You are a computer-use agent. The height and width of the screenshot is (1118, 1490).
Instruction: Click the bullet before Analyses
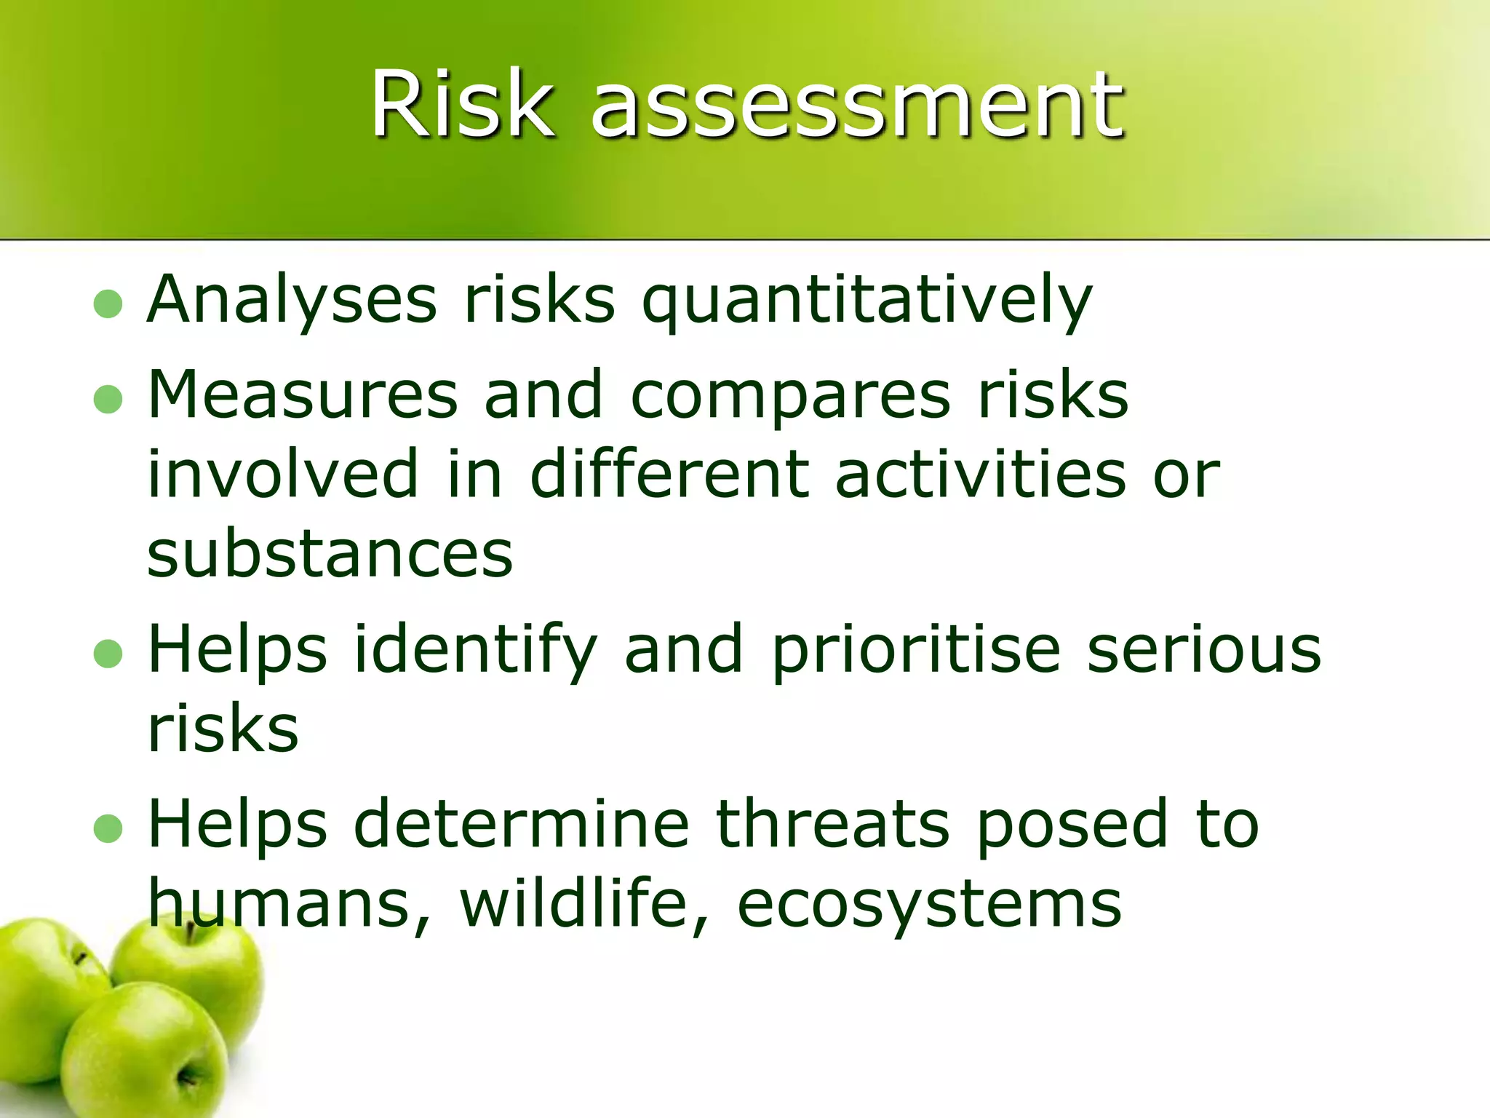[x=108, y=304]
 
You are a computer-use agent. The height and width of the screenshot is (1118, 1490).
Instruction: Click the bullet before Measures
[x=108, y=399]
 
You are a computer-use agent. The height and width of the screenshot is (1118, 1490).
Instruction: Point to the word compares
[x=790, y=397]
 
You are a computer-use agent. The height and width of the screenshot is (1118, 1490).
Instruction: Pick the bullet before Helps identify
[x=108, y=653]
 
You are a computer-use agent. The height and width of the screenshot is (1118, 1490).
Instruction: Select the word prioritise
[x=916, y=650]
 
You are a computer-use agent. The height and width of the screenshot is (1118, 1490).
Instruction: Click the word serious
[x=1204, y=649]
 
